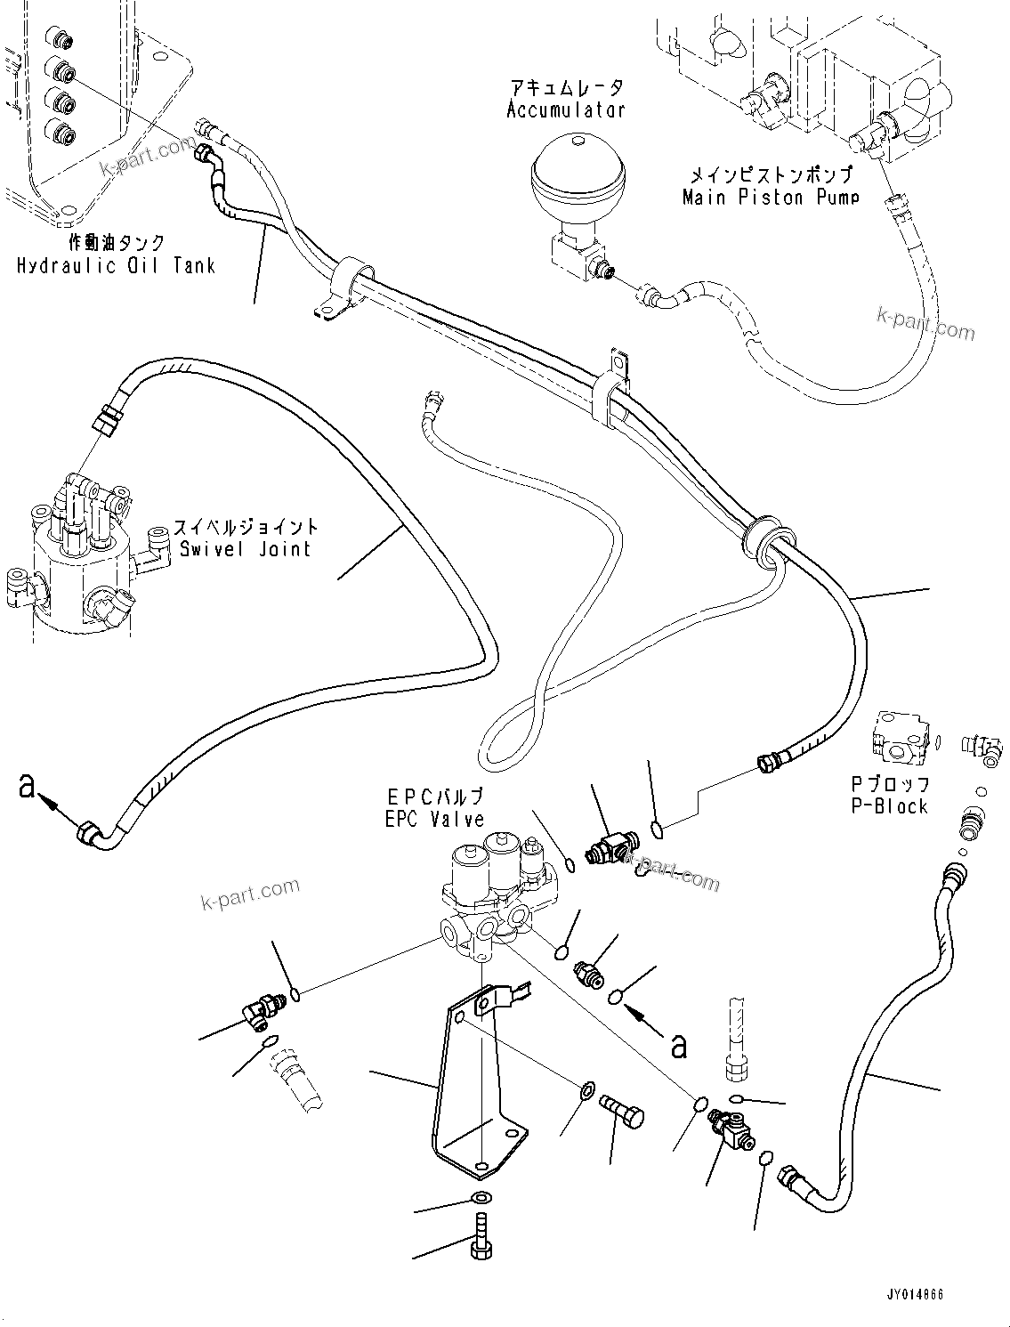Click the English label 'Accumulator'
(566, 110)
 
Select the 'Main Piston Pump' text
(770, 197)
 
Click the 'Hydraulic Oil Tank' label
(116, 265)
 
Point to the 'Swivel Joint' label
(246, 548)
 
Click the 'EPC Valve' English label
(434, 819)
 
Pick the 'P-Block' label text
(889, 806)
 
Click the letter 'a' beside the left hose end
(28, 786)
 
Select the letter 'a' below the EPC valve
(679, 1045)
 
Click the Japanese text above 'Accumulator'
(566, 87)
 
